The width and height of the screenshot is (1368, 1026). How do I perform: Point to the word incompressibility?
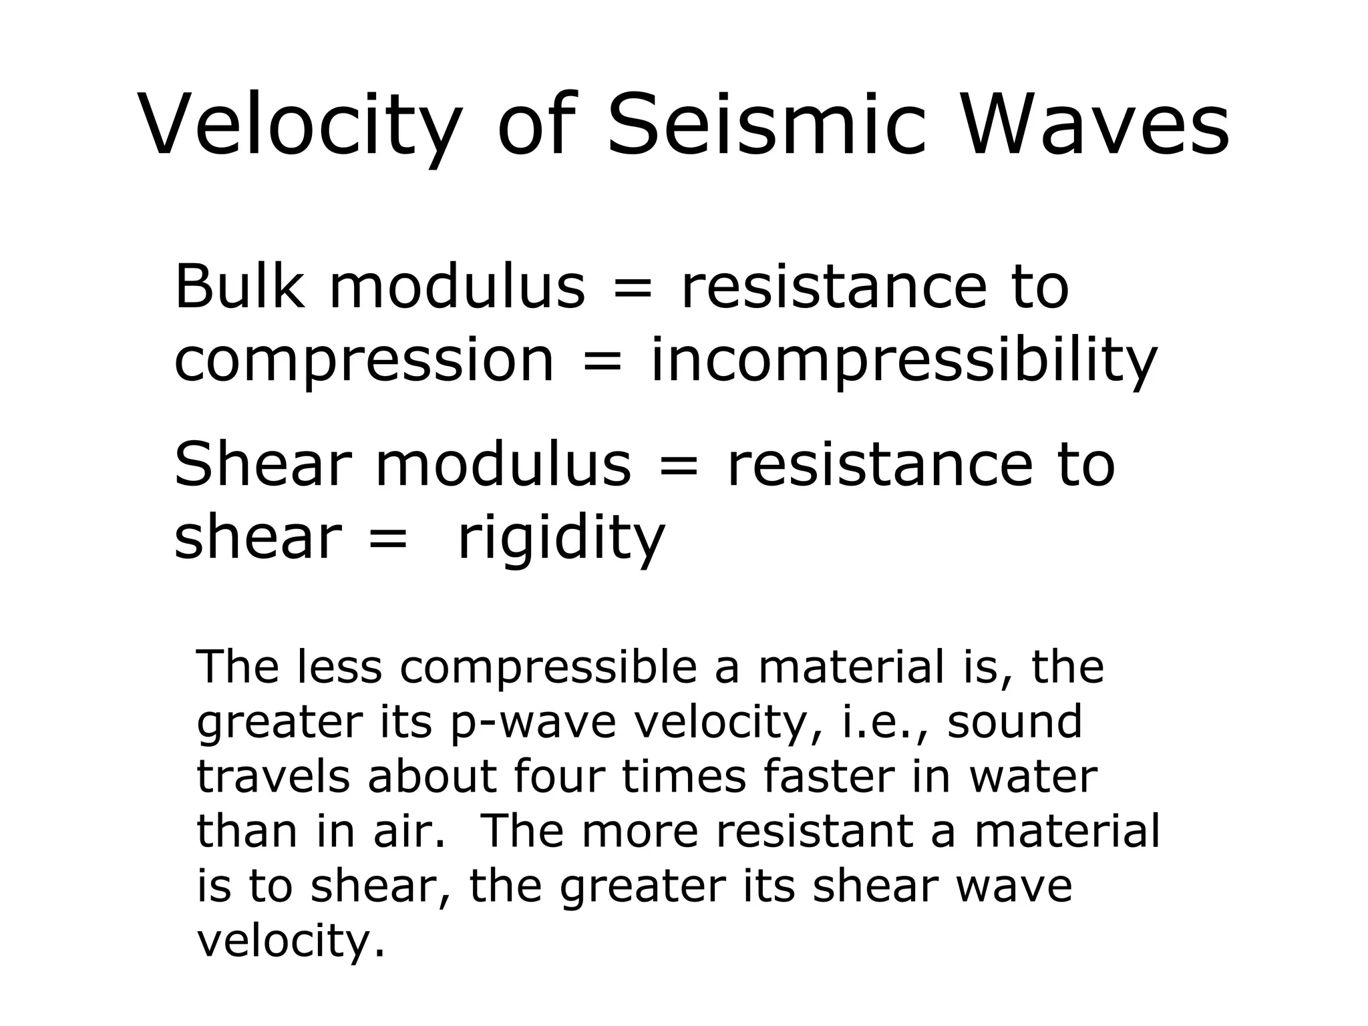click(904, 363)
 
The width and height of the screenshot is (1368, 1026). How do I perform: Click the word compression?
click(364, 363)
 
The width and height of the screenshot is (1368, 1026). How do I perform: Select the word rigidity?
click(560, 540)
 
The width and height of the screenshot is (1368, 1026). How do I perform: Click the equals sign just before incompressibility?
click(603, 361)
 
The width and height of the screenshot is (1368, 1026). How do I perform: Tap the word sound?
click(1015, 723)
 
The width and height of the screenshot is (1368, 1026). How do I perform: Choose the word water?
click(1033, 777)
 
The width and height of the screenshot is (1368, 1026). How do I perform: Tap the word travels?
click(273, 777)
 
